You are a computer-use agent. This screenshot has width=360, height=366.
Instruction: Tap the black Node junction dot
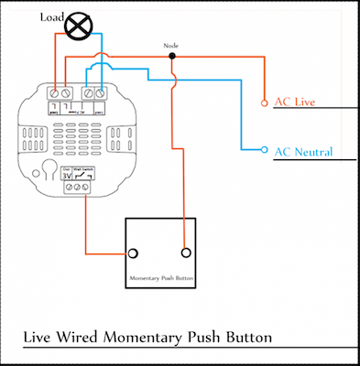tap(171, 56)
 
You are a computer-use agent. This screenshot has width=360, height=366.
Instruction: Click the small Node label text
tap(171, 45)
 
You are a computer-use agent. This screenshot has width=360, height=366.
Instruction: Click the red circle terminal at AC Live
tap(265, 102)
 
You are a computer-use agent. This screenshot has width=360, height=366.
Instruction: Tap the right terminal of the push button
tap(186, 253)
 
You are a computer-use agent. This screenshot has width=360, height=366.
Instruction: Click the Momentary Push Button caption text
tap(160, 277)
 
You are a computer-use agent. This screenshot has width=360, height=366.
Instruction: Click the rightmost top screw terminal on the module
tap(100, 93)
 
